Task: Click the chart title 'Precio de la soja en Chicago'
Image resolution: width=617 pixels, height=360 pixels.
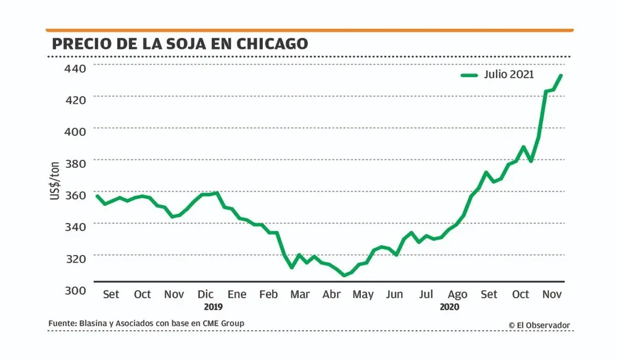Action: [180, 44]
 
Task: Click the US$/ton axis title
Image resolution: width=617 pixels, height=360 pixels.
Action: [56, 180]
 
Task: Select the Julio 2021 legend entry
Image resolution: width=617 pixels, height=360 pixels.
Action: [497, 75]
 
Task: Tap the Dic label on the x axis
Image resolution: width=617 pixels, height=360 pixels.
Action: [205, 295]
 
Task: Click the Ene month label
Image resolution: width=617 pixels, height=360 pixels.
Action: [237, 295]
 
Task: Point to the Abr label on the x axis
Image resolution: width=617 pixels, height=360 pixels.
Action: [331, 295]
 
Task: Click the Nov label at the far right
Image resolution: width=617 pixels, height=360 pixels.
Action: [552, 295]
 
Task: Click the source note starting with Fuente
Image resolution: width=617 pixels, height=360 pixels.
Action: [147, 324]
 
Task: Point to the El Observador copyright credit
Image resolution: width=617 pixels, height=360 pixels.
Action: [539, 325]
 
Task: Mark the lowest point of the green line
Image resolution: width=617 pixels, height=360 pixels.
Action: [344, 275]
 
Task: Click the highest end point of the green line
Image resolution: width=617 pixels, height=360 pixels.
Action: [561, 75]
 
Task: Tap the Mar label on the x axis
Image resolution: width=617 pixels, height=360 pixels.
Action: [300, 295]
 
